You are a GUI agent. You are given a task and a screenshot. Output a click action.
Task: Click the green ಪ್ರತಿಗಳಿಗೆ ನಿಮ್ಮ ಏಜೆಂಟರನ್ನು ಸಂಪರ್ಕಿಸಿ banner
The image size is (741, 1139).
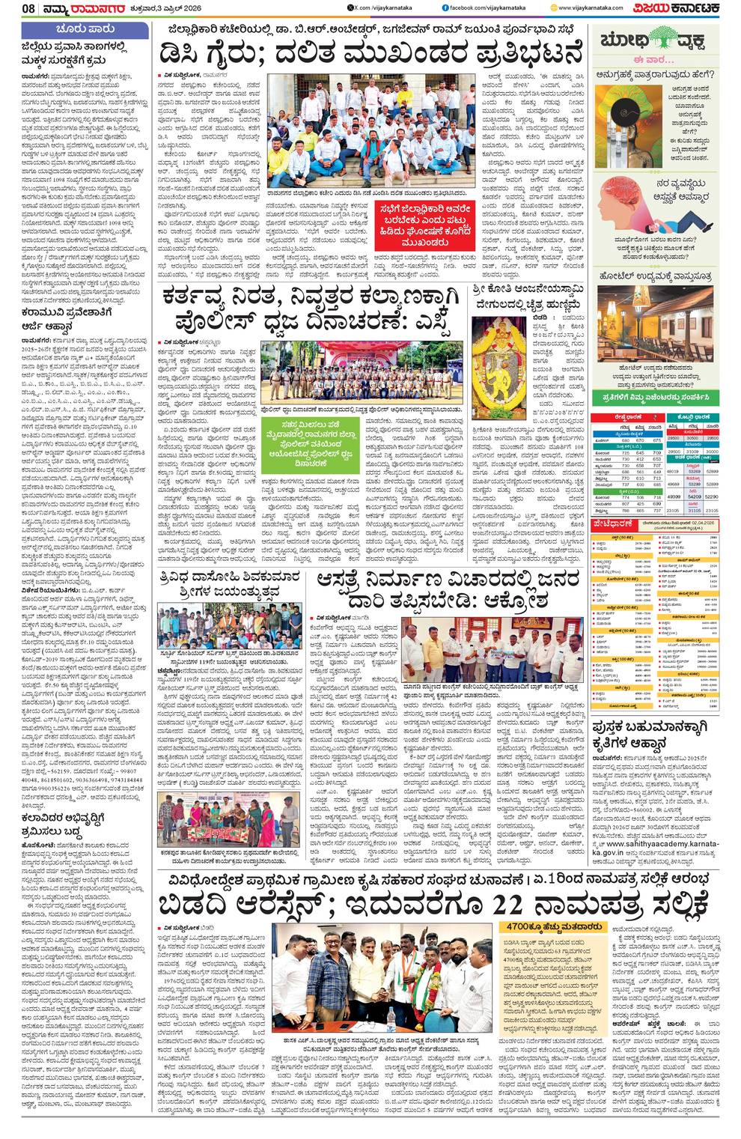pyautogui.click(x=655, y=396)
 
